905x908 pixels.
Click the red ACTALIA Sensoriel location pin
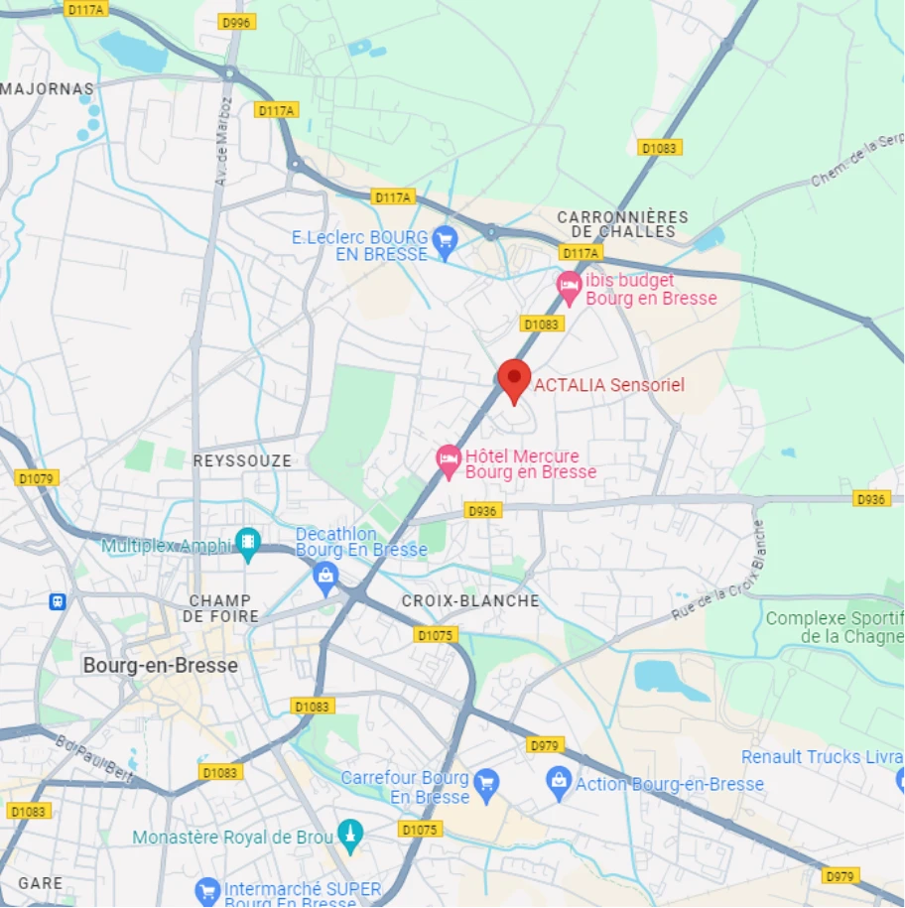[513, 379]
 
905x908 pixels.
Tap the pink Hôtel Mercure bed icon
[449, 459]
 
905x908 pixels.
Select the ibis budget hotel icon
[569, 287]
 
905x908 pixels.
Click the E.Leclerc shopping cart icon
[445, 239]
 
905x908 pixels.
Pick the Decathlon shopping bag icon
[325, 575]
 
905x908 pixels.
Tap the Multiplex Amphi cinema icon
[247, 542]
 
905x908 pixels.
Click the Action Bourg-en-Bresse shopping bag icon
[559, 783]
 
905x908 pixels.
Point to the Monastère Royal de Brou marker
[349, 836]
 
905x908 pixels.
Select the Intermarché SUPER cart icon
[206, 890]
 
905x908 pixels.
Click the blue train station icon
[58, 601]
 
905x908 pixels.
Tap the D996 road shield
[237, 21]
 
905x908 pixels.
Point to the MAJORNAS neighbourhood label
[48, 89]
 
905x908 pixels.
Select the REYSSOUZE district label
[242, 461]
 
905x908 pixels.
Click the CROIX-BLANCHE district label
[470, 600]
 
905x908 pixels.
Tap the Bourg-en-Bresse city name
[161, 665]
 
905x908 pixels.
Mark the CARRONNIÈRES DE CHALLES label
[622, 224]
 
